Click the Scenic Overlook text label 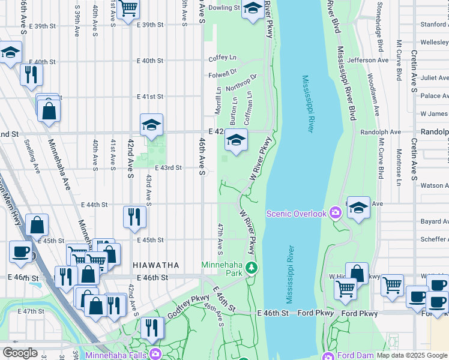pos(296,213)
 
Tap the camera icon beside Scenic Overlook pos(335,212)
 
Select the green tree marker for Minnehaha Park pos(253,268)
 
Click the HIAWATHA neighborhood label pos(155,265)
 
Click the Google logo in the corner pos(20,352)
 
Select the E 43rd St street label pos(168,168)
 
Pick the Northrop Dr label pos(241,83)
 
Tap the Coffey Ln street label pos(223,58)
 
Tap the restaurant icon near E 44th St pos(134,217)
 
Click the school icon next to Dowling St pos(253,10)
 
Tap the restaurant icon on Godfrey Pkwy pos(151,327)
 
